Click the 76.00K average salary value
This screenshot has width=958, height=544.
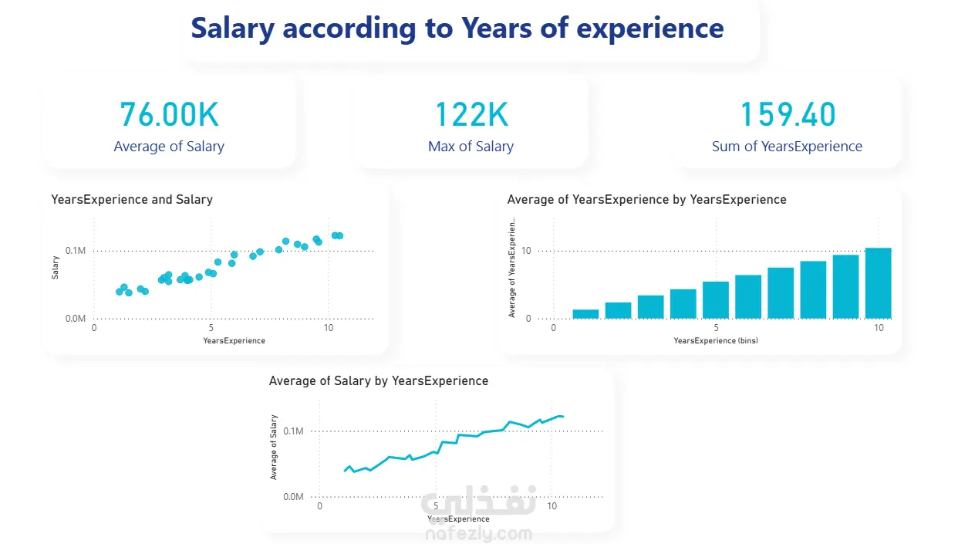tap(169, 114)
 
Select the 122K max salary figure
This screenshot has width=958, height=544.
tap(471, 114)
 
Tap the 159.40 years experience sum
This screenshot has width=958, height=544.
tap(788, 114)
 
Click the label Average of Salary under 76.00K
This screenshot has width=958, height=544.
tap(169, 147)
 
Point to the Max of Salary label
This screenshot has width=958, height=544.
tap(471, 147)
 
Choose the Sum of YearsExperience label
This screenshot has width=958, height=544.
tap(787, 147)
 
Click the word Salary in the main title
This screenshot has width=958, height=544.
tap(233, 29)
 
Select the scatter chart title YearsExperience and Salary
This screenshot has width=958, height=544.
tap(131, 200)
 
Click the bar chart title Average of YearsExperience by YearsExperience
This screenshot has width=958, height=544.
tap(646, 200)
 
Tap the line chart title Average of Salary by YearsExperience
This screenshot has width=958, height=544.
tap(378, 381)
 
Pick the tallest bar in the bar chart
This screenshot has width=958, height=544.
tap(878, 283)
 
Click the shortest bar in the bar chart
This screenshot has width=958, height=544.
tap(585, 313)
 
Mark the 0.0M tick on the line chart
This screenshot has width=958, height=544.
tap(293, 497)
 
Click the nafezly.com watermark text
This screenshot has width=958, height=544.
tap(478, 534)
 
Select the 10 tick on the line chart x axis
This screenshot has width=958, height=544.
tap(552, 507)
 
